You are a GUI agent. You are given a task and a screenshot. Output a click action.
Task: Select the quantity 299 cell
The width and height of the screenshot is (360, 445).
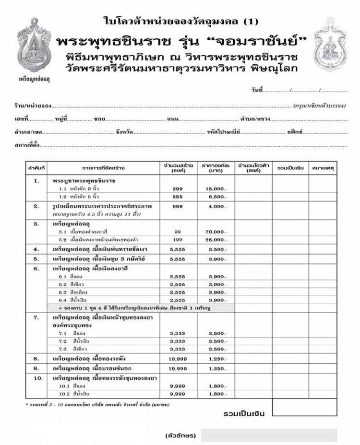pyautogui.click(x=177, y=189)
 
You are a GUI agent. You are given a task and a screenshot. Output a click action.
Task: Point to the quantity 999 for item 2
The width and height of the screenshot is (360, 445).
pyautogui.click(x=177, y=206)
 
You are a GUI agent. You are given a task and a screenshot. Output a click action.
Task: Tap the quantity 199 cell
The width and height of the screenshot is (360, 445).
pyautogui.click(x=177, y=239)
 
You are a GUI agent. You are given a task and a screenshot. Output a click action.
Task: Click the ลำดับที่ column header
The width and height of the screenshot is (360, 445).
pyautogui.click(x=36, y=168)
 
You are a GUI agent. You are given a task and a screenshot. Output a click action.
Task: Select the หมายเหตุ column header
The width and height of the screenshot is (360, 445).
pyautogui.click(x=323, y=168)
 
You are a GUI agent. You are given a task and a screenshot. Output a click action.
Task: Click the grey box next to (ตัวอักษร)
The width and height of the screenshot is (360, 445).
pyautogui.click(x=269, y=435)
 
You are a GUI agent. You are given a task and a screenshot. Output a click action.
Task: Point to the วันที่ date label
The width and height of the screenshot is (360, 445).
pyautogui.click(x=257, y=90)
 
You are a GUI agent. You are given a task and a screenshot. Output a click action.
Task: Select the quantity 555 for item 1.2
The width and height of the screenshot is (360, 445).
pyautogui.click(x=177, y=197)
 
